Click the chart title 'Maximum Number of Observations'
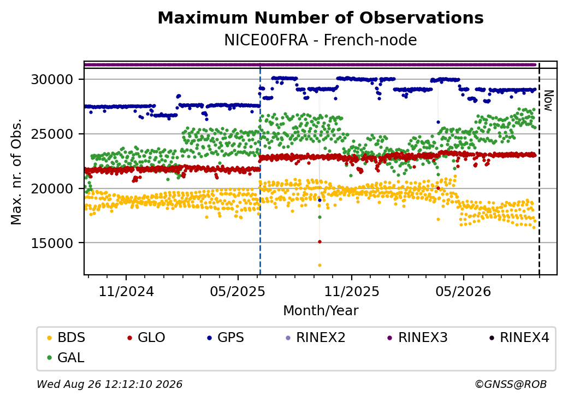pos(321,17)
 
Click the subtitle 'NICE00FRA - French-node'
pos(321,40)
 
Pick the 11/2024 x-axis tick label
pos(126,291)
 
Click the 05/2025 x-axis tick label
pos(238,291)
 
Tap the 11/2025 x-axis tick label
pos(351,291)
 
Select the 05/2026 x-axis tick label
pos(463,291)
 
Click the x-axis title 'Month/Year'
pos(321,311)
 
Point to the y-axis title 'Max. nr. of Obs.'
pos(16,172)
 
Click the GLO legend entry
pos(146,338)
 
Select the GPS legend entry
pos(226,338)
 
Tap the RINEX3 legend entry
pos(418,338)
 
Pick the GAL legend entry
pos(66,357)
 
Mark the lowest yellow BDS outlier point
pos(319,265)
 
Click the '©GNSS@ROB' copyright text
pos(511,384)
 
